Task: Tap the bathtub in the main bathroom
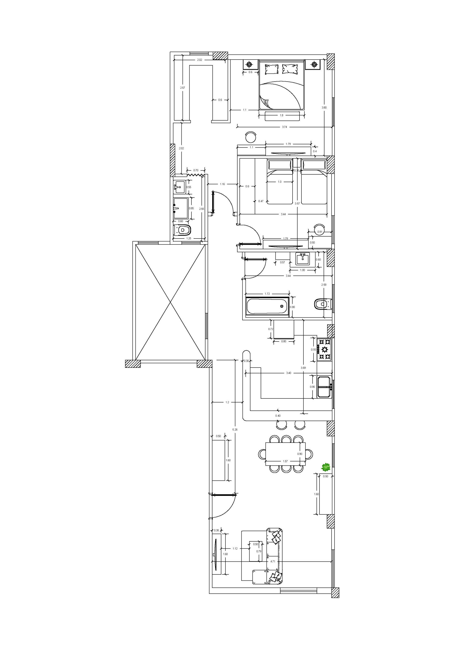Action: tap(267, 306)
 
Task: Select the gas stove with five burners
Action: tap(324, 349)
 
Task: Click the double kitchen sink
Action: tap(325, 387)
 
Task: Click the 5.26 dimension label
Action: tap(235, 429)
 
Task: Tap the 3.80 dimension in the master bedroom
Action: tap(324, 108)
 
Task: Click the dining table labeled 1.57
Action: tap(285, 454)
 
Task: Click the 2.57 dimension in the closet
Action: tap(182, 88)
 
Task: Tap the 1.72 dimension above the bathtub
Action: tap(267, 293)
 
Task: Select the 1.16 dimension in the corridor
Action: tap(222, 184)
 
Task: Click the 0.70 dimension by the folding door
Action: tap(196, 170)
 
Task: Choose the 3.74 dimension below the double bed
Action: tap(284, 127)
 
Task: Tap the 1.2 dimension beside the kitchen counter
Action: tap(227, 402)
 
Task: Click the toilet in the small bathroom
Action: tap(182, 230)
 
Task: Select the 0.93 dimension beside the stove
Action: tap(313, 349)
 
